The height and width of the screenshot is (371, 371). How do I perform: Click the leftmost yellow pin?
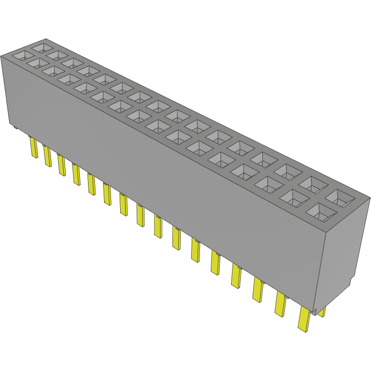point(34,148)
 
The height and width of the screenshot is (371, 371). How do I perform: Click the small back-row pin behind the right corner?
point(322,312)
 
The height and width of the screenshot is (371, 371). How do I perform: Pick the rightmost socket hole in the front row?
point(319,210)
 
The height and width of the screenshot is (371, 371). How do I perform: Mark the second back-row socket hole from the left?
point(57,55)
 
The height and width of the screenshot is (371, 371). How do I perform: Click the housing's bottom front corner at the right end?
point(316,310)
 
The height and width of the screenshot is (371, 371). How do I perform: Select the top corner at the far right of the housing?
point(370,197)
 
